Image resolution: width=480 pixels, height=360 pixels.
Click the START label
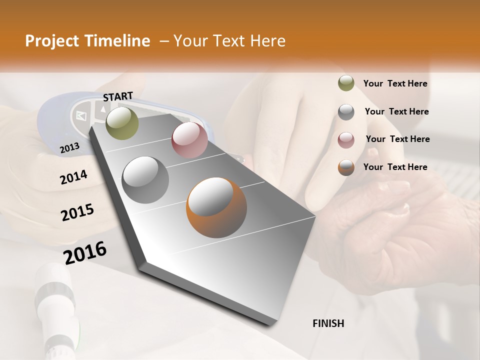click(118, 96)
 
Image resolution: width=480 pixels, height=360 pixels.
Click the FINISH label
click(328, 323)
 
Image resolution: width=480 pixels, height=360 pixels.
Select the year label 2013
click(69, 147)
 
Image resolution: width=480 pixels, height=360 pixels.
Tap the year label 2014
click(73, 177)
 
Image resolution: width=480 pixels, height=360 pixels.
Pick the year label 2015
click(77, 212)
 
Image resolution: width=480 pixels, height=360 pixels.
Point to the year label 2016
click(85, 252)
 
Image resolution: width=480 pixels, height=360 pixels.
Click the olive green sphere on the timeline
click(122, 123)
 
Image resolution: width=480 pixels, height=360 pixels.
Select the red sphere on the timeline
click(189, 140)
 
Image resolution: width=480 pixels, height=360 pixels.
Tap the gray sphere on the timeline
click(145, 179)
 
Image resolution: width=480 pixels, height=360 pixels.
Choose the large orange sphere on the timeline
click(216, 207)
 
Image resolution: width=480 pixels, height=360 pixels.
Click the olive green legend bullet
click(346, 83)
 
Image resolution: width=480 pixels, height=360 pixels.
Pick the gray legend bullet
click(346, 112)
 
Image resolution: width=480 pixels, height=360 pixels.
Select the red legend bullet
click(346, 139)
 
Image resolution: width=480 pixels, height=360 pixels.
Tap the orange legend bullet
click(346, 167)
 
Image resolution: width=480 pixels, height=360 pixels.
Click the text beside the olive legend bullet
click(395, 83)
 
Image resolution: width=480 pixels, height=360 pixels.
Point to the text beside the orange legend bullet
click(395, 167)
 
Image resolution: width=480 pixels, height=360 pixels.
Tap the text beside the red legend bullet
click(397, 139)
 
